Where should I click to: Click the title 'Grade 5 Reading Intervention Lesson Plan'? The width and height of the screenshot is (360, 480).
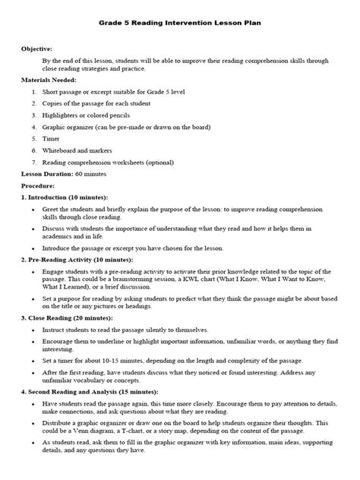tap(180, 24)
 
